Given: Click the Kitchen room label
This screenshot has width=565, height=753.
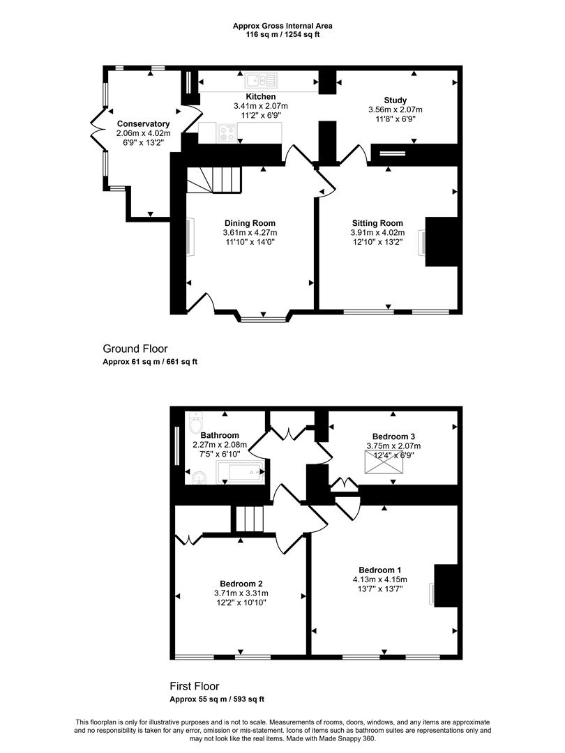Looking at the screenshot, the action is tap(261, 96).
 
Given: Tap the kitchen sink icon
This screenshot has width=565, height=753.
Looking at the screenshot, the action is tap(261, 80).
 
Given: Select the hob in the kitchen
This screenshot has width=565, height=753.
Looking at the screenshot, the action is tap(227, 132).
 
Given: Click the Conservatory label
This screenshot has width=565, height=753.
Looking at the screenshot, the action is tap(143, 124).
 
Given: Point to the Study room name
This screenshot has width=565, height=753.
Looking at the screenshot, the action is tap(395, 100).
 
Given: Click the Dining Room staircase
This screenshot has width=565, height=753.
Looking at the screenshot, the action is tap(214, 180).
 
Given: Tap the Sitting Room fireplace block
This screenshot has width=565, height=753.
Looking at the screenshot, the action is tap(441, 241).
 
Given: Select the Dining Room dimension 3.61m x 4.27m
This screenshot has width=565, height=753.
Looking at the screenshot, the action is tap(250, 232).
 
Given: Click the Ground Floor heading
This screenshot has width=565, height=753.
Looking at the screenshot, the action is tap(135, 349).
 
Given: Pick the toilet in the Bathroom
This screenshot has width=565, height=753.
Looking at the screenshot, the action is tap(196, 422).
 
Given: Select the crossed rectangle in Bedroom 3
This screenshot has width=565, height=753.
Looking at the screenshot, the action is tap(384, 462).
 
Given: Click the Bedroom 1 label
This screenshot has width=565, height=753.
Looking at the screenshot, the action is tap(379, 570).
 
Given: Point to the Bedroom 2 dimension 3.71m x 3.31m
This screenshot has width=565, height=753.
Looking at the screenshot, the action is tap(241, 593).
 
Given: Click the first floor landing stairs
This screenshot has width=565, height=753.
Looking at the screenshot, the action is tap(249, 519).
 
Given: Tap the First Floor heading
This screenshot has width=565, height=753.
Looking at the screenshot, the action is tap(194, 686).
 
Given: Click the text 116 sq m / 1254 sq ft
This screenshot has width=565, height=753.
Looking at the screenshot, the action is tap(282, 35).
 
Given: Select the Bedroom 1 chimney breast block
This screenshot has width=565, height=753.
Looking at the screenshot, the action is tap(446, 586).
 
